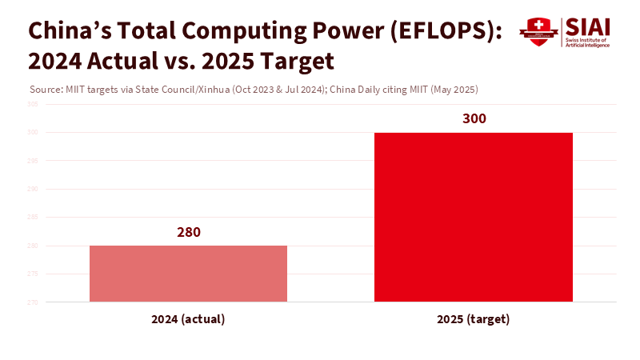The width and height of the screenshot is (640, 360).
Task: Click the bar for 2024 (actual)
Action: coord(188,274)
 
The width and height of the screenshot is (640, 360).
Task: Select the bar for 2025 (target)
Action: coord(474,217)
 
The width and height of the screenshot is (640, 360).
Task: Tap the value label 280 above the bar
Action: coord(188,232)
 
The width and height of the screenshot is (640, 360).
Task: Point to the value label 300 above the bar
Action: coord(474,118)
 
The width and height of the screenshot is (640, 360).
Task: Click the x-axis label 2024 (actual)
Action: coord(188,319)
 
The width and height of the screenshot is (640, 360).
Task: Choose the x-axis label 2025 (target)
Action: coord(474,319)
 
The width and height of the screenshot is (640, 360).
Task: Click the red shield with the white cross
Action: coord(538,32)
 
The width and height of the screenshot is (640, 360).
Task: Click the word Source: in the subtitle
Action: coord(45,89)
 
